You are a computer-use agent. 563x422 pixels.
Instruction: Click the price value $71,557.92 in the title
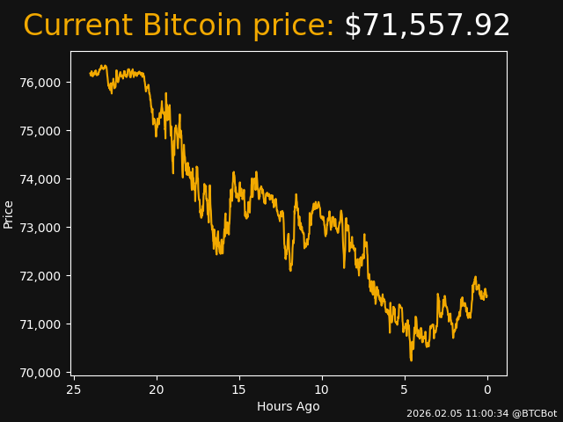coord(427,26)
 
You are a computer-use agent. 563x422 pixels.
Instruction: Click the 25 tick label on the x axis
coord(74,389)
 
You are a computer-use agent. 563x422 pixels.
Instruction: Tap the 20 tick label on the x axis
coord(157,389)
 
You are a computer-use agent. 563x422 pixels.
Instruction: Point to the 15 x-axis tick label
coord(239,389)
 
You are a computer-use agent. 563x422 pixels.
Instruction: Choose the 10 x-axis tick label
coord(322,389)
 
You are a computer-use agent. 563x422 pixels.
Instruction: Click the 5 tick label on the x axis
coord(405,389)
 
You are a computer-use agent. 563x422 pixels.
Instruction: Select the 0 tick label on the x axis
coord(487,389)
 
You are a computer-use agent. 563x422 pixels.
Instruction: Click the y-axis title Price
coord(9,214)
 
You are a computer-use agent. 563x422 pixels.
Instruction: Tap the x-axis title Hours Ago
coord(289,406)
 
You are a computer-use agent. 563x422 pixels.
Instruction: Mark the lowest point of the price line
coord(411,360)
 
